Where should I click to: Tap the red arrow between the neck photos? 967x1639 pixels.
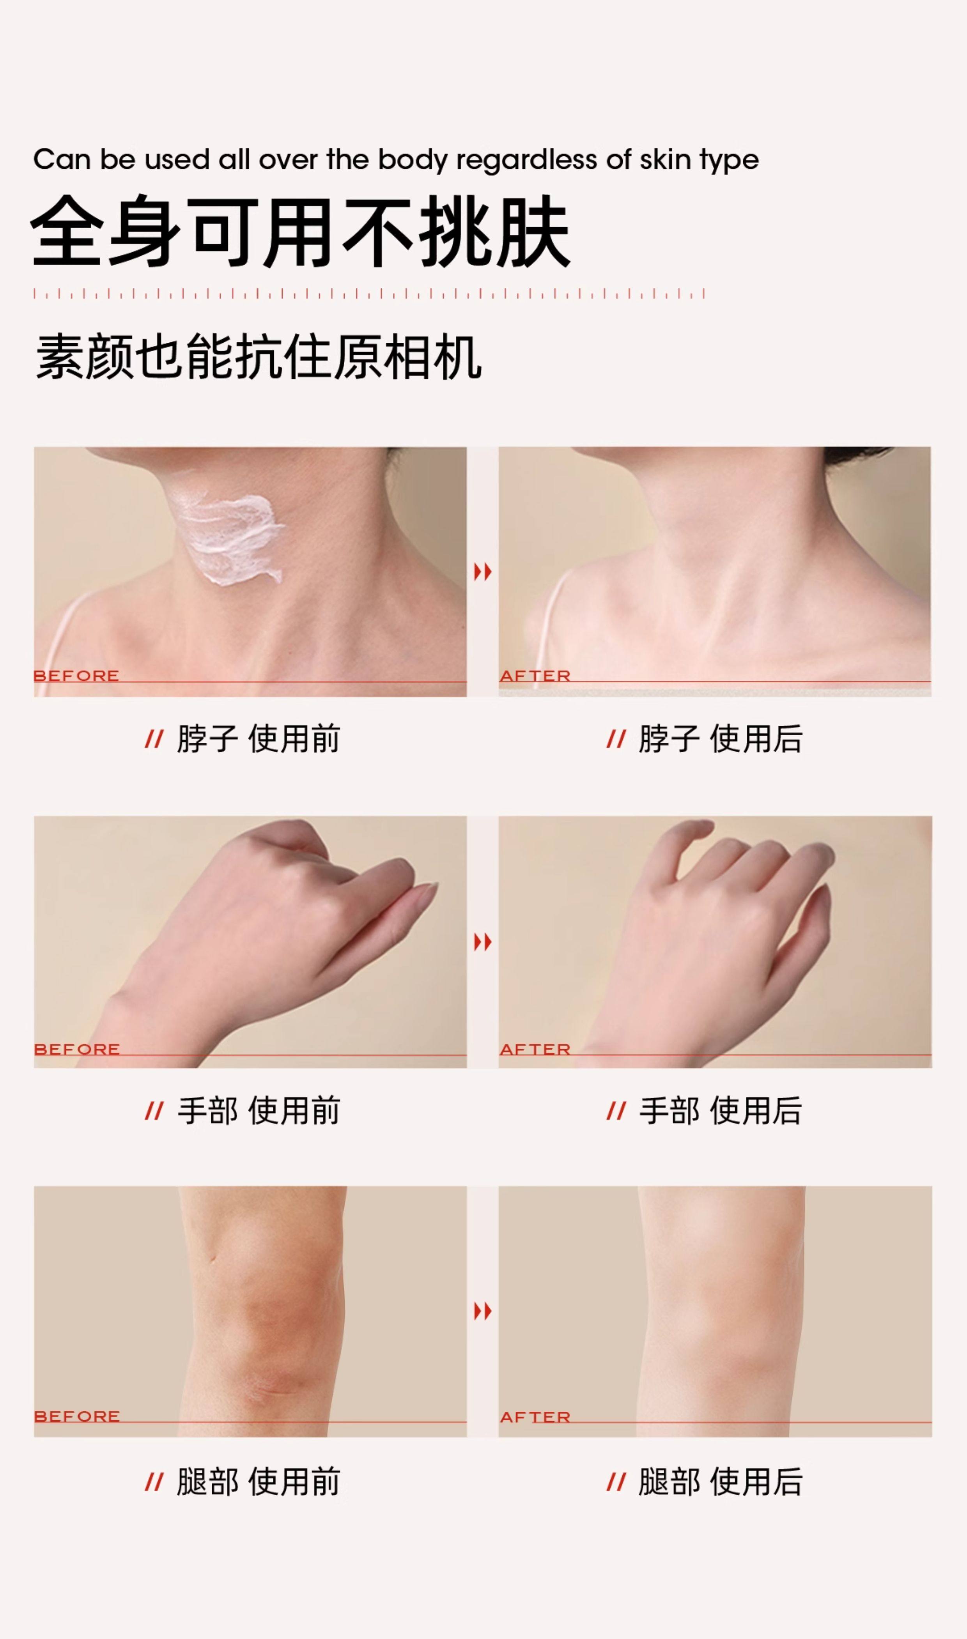pyautogui.click(x=483, y=572)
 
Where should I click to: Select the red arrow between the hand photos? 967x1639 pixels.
pyautogui.click(x=483, y=941)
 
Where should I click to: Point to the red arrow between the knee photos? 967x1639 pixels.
pyautogui.click(x=483, y=1311)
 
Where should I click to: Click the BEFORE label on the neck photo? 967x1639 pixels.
pyautogui.click(x=76, y=676)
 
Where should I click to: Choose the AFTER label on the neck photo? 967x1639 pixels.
pyautogui.click(x=535, y=676)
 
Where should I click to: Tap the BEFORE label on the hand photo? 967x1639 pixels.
pyautogui.click(x=76, y=1049)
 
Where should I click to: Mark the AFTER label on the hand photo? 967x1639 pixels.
pyautogui.click(x=535, y=1049)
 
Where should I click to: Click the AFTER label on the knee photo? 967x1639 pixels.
pyautogui.click(x=535, y=1416)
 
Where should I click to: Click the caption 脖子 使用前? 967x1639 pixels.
pyautogui.click(x=258, y=739)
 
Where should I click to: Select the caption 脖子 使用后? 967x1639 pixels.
pyautogui.click(x=720, y=739)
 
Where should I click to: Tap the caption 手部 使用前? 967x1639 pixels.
pyautogui.click(x=258, y=1110)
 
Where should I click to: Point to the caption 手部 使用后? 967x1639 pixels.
pyautogui.click(x=720, y=1110)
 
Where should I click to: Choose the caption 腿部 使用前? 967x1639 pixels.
pyautogui.click(x=258, y=1481)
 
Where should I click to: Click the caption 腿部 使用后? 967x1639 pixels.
pyautogui.click(x=720, y=1481)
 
